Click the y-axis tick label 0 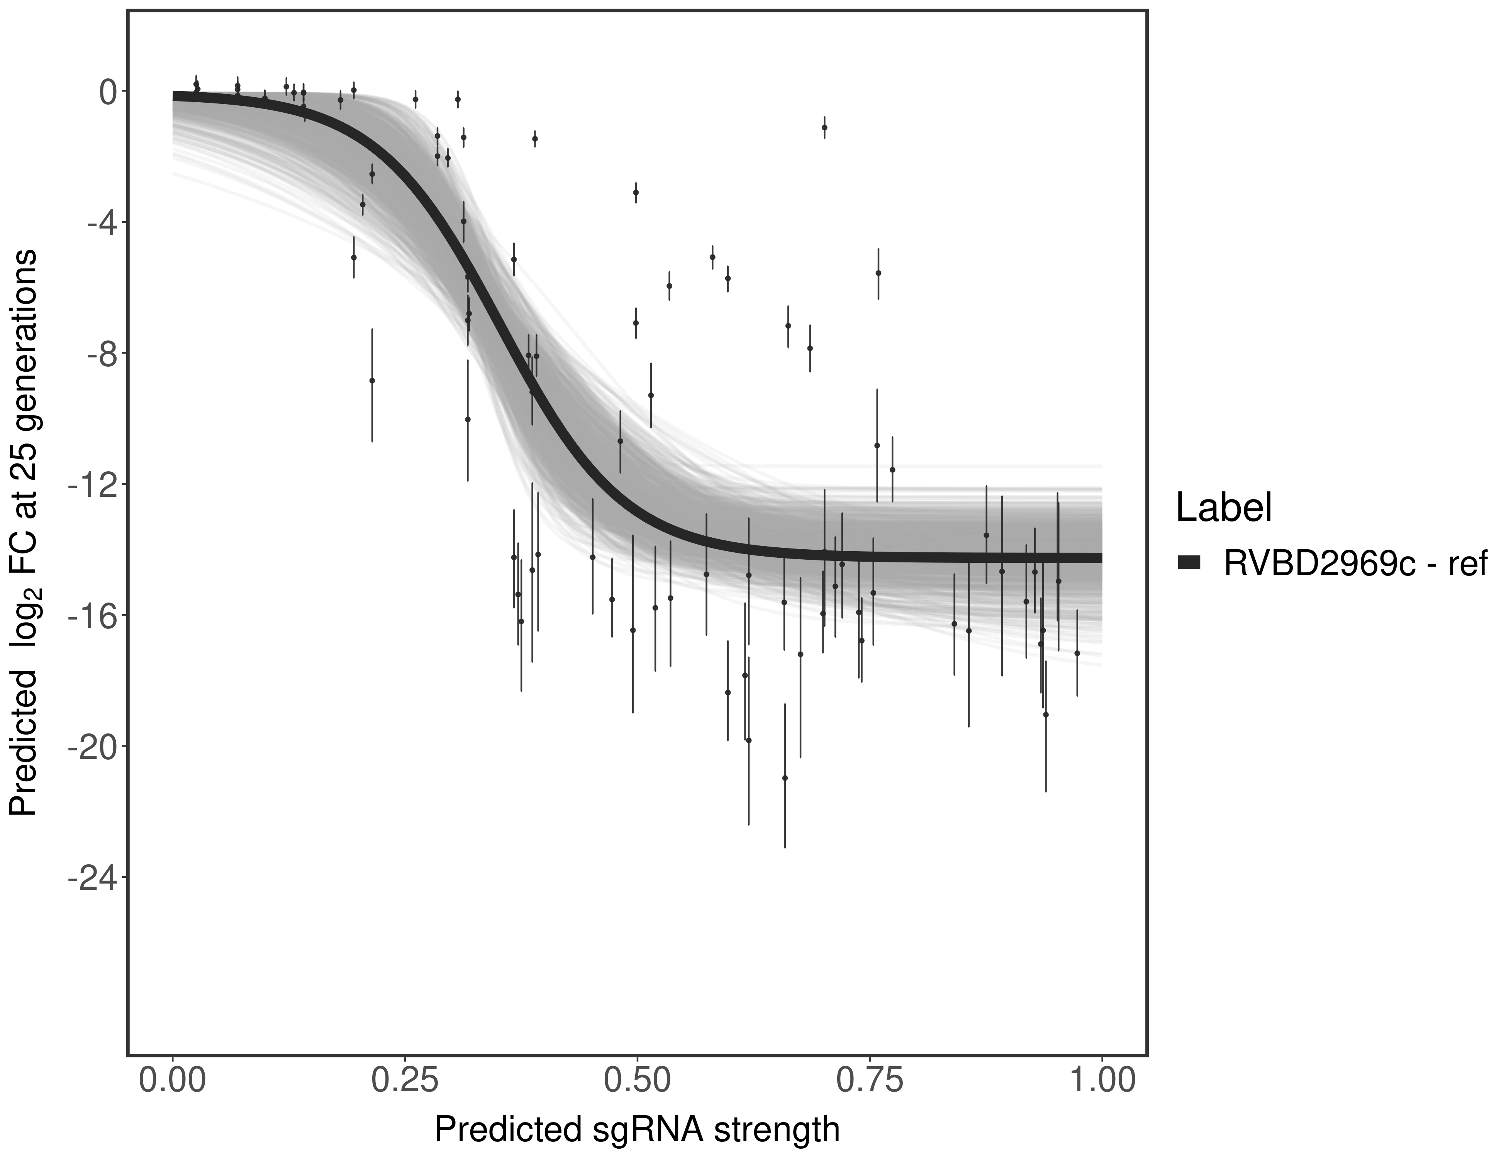108,92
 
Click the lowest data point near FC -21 785,777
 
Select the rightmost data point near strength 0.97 1077,653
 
